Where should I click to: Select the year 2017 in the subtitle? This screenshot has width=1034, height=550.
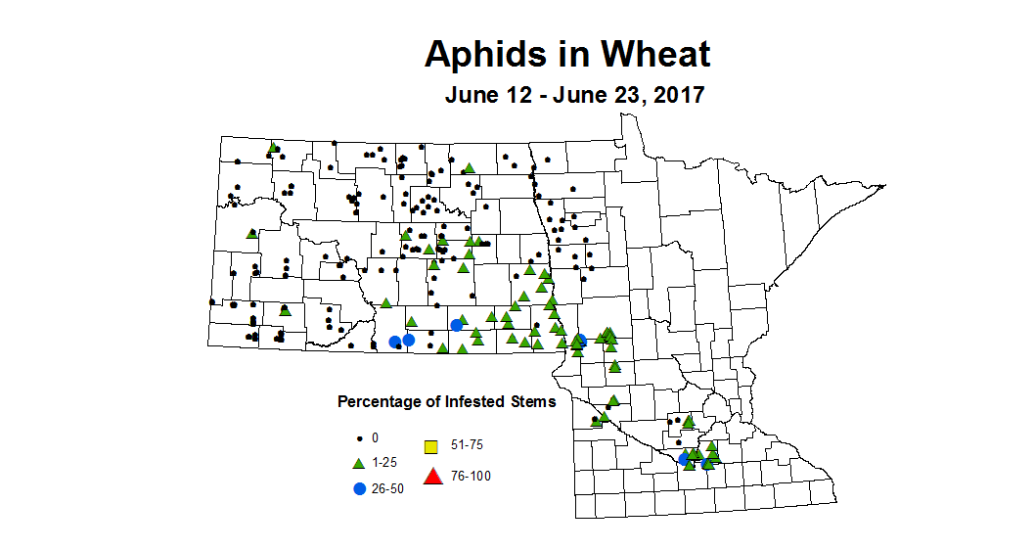[671, 96]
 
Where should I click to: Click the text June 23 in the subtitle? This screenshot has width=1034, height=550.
[594, 96]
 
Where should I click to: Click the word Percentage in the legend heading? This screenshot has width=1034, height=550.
[378, 401]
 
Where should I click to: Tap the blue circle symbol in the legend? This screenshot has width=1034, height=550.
[359, 487]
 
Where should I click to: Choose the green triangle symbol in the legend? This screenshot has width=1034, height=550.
[359, 462]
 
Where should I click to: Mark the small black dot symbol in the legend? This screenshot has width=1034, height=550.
[359, 437]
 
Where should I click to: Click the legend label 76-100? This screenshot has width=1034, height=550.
[471, 477]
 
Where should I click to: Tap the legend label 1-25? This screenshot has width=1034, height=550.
[384, 462]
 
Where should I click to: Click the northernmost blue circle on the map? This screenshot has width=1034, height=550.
[456, 325]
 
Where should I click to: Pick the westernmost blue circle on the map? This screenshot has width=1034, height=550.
[394, 342]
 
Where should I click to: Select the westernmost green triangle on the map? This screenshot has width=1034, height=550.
[252, 234]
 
